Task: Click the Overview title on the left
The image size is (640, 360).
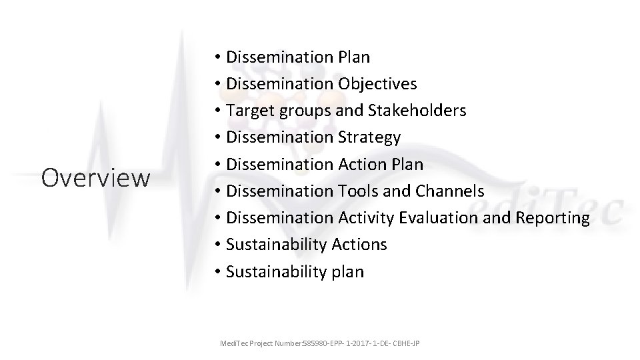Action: pyautogui.click(x=95, y=178)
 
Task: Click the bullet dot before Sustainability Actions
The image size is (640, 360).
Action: pyautogui.click(x=218, y=245)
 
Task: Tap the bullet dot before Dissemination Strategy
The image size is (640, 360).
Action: pyautogui.click(x=218, y=138)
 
